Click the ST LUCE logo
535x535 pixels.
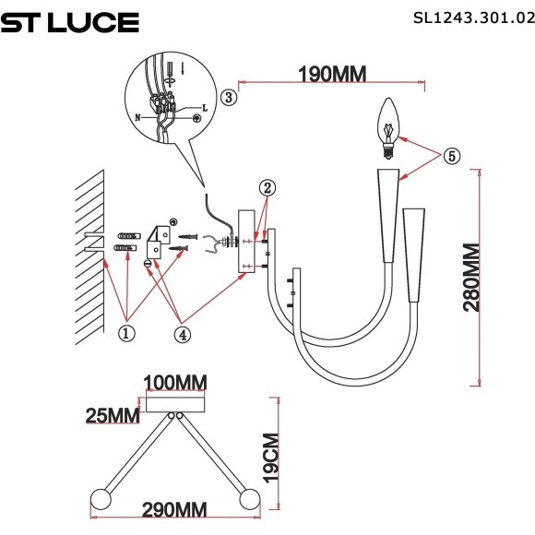[69, 23]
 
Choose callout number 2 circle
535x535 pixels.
[266, 188]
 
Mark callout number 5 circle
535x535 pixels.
[449, 156]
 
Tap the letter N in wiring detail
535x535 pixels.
[138, 118]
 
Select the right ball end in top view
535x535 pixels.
[248, 498]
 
